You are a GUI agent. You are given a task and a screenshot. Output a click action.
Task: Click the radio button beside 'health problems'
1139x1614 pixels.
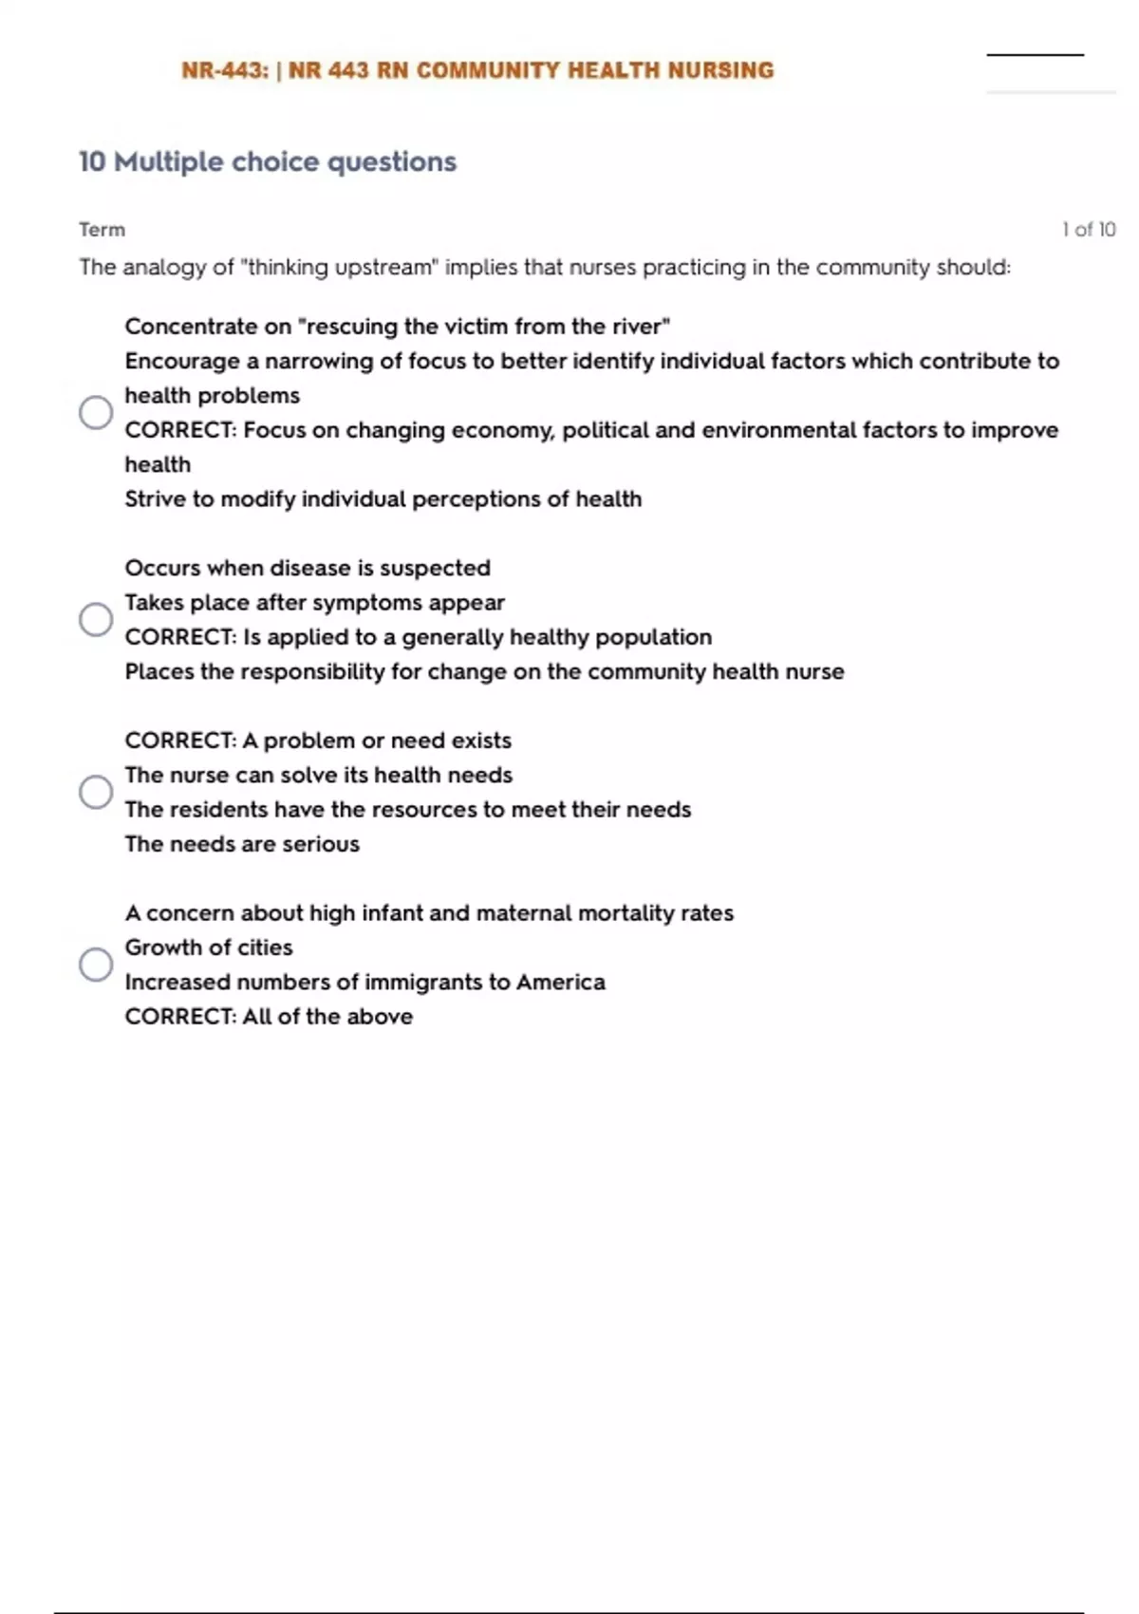coord(96,412)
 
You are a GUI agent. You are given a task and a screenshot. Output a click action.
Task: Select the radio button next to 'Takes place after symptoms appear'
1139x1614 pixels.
coord(96,619)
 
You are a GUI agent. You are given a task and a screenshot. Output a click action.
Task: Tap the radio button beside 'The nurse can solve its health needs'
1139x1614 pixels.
coord(96,792)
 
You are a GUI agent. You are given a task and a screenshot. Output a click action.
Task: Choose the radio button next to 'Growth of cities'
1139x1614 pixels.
coord(96,965)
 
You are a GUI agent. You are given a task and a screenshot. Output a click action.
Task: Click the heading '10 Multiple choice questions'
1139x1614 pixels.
coord(268,162)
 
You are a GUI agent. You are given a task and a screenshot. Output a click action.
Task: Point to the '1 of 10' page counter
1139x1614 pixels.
coord(1089,230)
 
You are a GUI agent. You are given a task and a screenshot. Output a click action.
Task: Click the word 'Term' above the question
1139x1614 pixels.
coord(102,230)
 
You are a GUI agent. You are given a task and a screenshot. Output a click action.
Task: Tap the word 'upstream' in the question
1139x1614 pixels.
coord(383,268)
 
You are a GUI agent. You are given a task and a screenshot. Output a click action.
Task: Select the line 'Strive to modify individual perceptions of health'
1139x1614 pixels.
coord(383,499)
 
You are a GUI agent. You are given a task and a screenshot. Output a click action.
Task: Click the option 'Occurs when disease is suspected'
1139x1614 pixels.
coord(308,568)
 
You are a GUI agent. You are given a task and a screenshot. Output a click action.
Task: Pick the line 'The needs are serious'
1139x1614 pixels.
coord(242,844)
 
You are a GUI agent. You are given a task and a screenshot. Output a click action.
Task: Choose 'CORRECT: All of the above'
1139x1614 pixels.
coord(269,1017)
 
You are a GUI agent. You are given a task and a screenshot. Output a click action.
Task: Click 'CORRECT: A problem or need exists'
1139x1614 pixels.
coord(318,741)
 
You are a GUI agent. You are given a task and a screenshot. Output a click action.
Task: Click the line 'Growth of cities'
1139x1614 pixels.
coord(209,948)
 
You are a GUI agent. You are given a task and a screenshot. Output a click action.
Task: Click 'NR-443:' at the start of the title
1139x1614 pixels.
coord(225,71)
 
